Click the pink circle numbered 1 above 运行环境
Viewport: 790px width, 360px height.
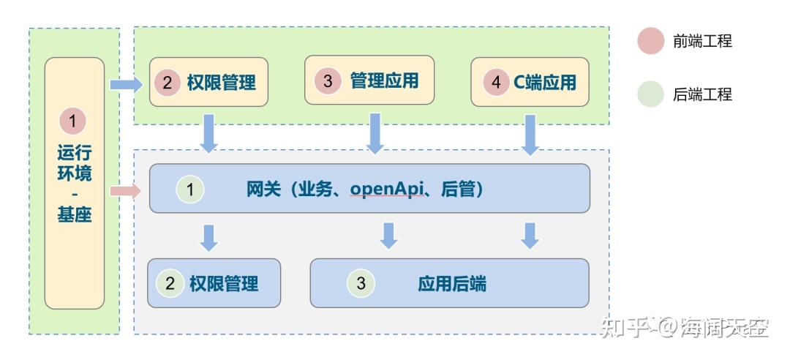tap(73, 121)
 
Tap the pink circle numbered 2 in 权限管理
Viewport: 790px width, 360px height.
tap(168, 83)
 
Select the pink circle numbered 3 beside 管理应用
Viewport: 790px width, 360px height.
tap(328, 80)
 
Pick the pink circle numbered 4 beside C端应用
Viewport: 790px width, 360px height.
tap(496, 82)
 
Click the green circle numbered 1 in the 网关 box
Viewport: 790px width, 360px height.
tap(190, 190)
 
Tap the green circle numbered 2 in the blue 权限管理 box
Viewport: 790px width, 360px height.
tap(170, 283)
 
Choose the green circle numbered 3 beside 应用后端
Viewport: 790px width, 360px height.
tap(361, 283)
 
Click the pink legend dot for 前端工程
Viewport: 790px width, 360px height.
tap(650, 41)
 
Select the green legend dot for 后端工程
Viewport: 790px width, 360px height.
tap(650, 94)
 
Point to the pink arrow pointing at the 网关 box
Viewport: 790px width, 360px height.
tap(126, 191)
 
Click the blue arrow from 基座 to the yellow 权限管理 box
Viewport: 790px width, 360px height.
tap(127, 83)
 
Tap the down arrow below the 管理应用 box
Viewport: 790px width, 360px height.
tap(375, 133)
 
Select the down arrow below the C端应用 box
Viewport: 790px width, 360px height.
tap(530, 135)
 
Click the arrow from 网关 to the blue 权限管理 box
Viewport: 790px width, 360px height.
tap(208, 238)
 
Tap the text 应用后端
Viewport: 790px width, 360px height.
tap(452, 284)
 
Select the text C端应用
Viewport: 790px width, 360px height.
tap(545, 83)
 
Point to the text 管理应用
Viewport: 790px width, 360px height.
tap(385, 80)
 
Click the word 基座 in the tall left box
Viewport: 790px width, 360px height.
tap(74, 215)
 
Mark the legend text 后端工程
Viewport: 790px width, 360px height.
tap(702, 94)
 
